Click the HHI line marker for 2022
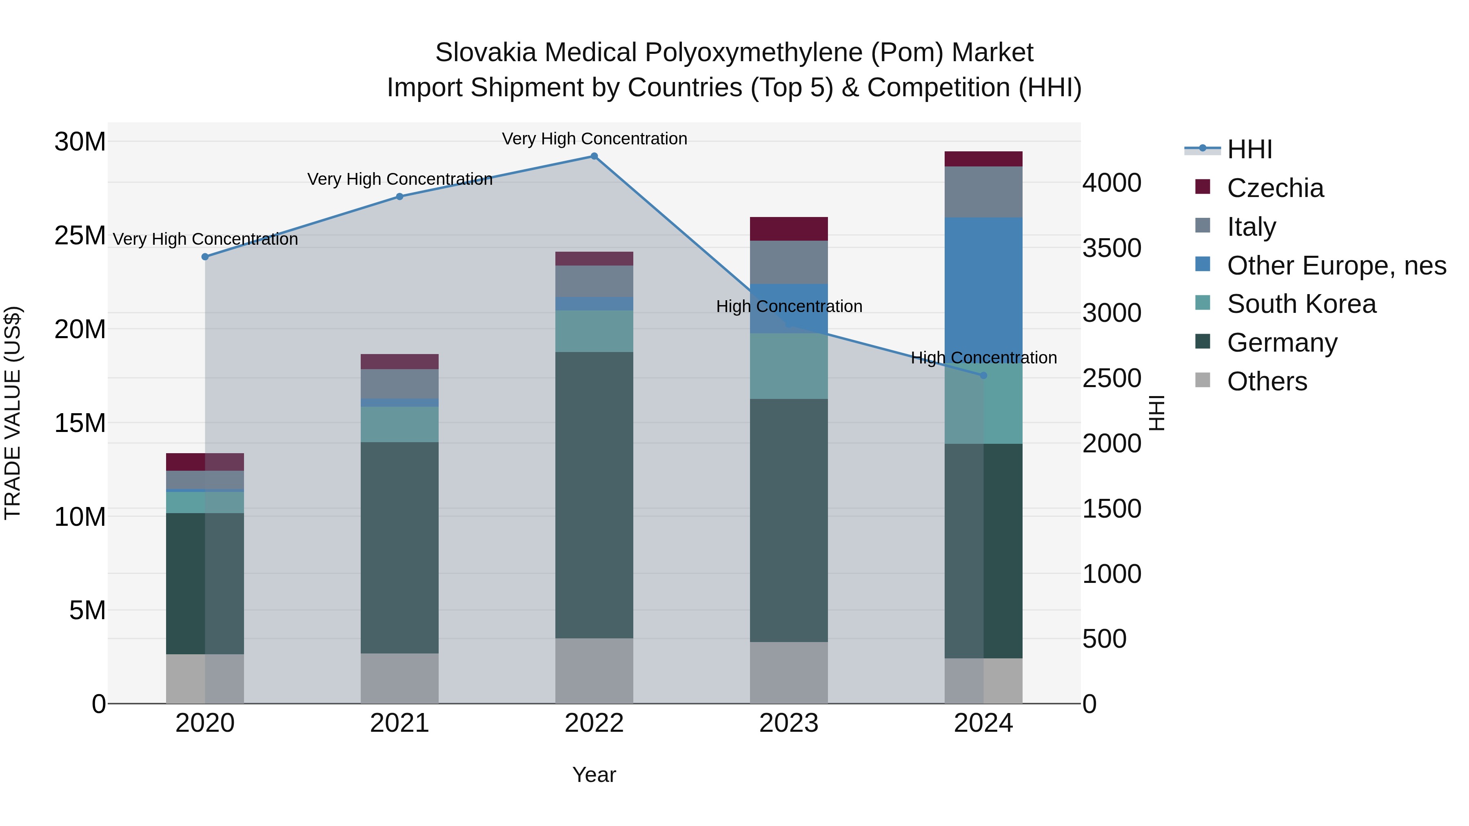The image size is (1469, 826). [x=594, y=156]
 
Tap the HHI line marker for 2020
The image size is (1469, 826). [x=205, y=257]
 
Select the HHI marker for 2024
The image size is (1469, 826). [x=983, y=376]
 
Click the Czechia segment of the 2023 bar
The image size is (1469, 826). [x=789, y=229]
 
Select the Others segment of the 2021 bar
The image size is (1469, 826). [x=399, y=678]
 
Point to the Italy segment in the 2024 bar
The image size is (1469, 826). [x=983, y=192]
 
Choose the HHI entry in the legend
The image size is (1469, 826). [x=1249, y=149]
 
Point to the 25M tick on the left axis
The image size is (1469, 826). [x=80, y=235]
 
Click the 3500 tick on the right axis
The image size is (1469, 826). [x=1112, y=248]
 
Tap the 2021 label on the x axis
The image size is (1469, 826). [x=399, y=723]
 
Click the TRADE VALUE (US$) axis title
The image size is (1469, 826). [x=13, y=413]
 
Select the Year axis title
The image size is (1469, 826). [x=594, y=775]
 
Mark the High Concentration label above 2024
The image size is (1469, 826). [x=983, y=358]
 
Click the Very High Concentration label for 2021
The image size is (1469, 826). [x=399, y=179]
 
